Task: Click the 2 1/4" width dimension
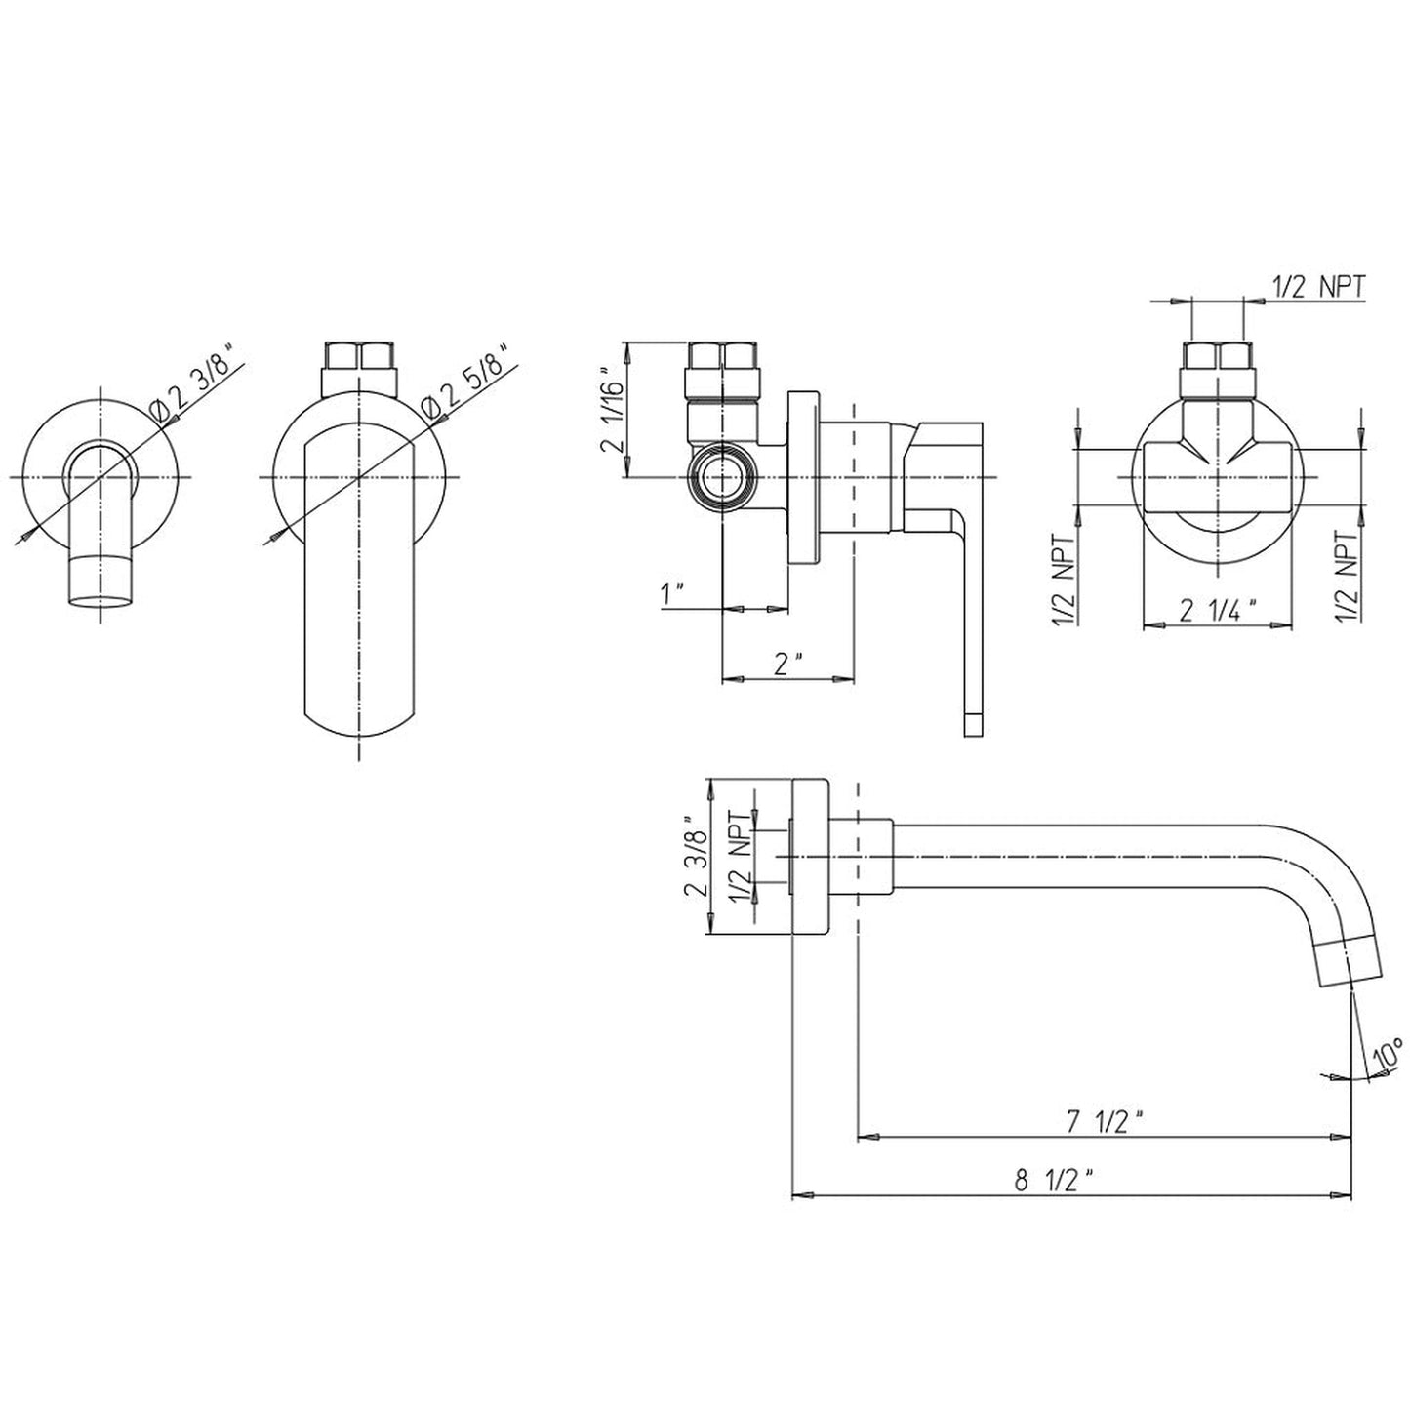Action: (x=1218, y=609)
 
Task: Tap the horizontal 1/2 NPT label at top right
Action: (x=1318, y=287)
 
